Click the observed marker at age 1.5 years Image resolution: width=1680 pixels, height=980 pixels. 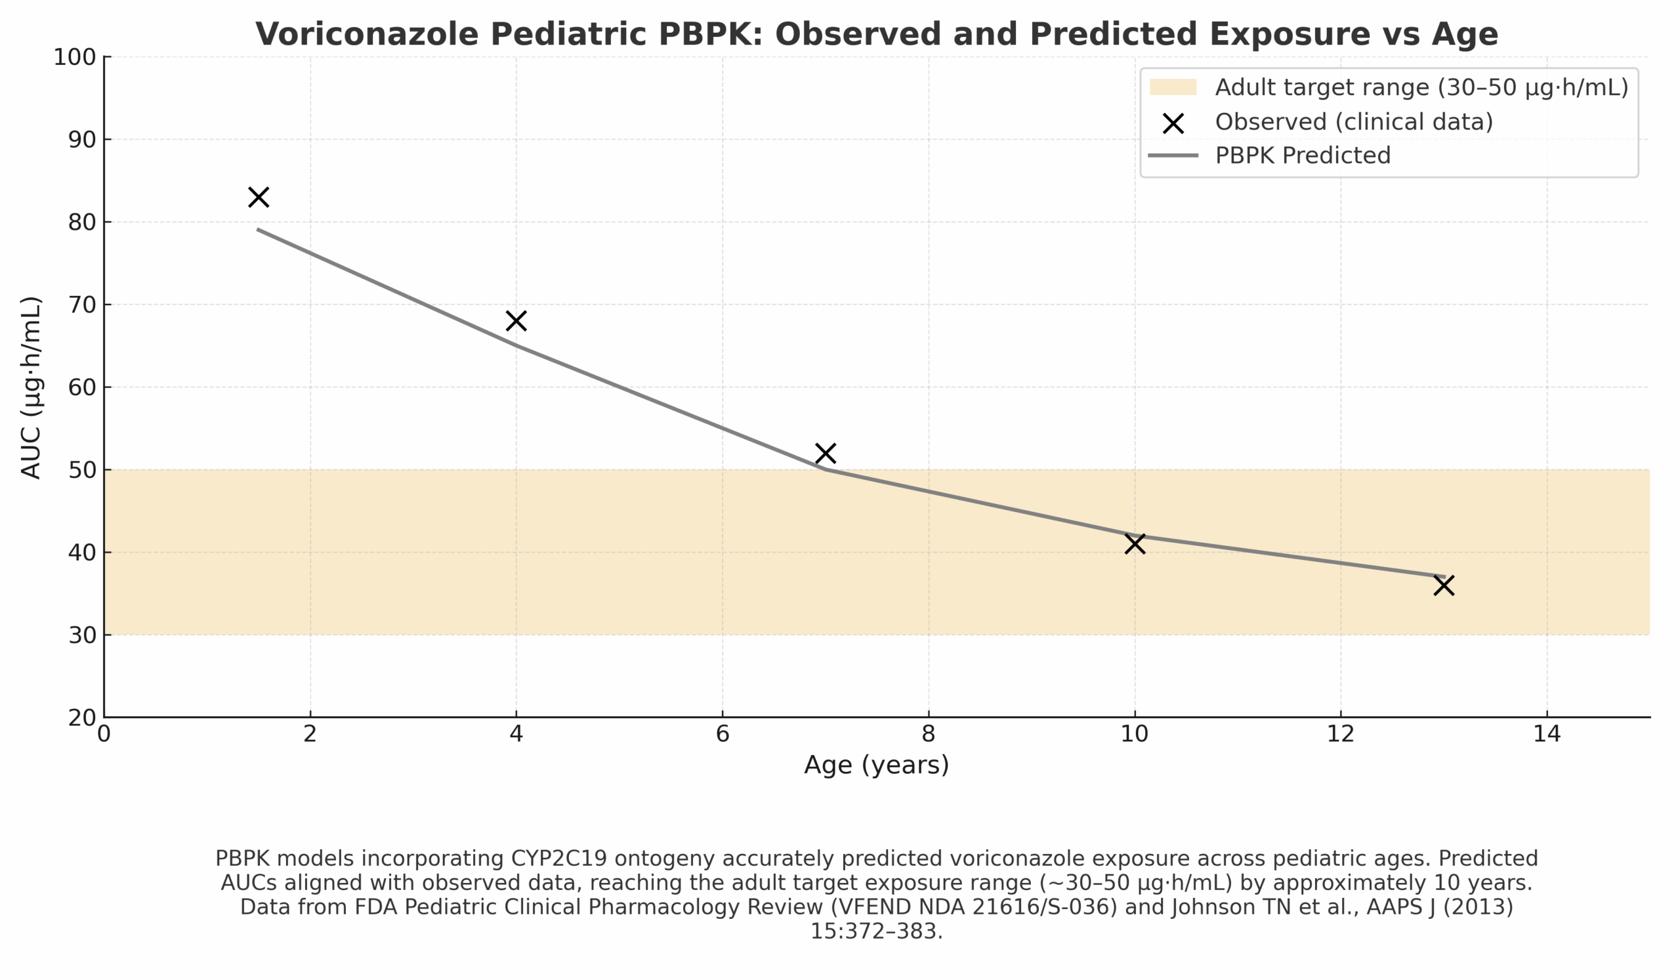[259, 198]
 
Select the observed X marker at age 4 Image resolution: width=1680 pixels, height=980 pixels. [516, 321]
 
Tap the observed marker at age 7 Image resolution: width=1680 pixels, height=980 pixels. [826, 454]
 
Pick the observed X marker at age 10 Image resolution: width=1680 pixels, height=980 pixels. [1135, 543]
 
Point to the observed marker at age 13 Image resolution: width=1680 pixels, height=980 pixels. [1443, 586]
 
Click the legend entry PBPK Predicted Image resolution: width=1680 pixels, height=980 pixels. [1303, 156]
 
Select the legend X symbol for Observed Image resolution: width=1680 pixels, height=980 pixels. [1173, 123]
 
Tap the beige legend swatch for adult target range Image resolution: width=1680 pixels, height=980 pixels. [1173, 87]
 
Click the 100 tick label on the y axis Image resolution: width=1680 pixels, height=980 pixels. [75, 57]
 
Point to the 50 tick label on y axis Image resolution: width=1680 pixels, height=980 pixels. [82, 470]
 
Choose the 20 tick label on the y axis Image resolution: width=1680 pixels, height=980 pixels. [82, 718]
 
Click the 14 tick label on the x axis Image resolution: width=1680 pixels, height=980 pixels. [1547, 734]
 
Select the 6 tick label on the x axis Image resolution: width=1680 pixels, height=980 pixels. [722, 734]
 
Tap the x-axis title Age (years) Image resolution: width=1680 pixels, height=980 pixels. [876, 765]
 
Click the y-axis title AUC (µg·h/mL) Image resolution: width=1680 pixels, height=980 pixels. [31, 387]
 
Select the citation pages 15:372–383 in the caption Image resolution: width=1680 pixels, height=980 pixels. [876, 931]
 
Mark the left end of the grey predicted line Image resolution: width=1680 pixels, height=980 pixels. [259, 229]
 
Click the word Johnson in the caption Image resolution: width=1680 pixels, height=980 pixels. [1210, 907]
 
